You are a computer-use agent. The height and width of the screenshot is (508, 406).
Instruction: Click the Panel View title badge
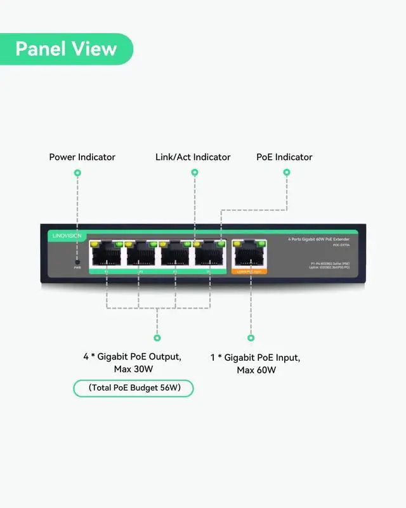(x=66, y=49)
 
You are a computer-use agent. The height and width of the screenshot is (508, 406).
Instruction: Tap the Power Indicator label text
(x=82, y=157)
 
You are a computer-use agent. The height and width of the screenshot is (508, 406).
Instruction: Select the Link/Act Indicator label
(x=193, y=157)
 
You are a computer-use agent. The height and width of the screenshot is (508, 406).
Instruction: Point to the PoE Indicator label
(x=284, y=157)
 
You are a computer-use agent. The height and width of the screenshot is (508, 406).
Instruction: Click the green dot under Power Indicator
(x=77, y=172)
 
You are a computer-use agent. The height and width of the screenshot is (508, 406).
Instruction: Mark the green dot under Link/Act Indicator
(x=194, y=172)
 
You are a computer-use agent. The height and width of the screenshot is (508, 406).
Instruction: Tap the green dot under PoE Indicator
(x=287, y=172)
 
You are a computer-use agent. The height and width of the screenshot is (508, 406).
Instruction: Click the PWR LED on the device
(x=77, y=261)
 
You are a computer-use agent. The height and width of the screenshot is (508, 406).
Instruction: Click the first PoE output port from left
(x=106, y=255)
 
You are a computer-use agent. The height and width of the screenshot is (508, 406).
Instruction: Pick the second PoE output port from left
(x=140, y=255)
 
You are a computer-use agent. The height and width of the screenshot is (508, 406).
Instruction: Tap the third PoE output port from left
(x=175, y=255)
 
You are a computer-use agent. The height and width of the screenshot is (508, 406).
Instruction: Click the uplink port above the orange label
(x=249, y=255)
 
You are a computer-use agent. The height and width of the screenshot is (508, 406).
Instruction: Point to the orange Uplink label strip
(x=249, y=271)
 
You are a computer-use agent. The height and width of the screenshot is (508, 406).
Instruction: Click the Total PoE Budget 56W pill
(x=133, y=388)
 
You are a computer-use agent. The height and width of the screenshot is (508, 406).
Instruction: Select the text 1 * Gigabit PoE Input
(x=255, y=358)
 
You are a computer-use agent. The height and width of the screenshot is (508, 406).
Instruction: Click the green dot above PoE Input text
(x=251, y=338)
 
